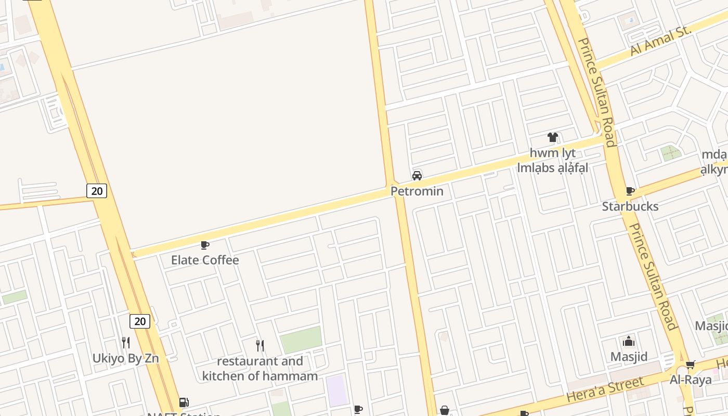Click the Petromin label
point(417,191)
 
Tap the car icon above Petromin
point(417,176)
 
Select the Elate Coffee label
point(205,260)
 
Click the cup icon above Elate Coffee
point(205,245)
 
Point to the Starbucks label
point(630,206)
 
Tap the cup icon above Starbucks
point(630,191)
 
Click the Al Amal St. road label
point(660,40)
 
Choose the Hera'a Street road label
point(605,391)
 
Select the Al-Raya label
point(691,380)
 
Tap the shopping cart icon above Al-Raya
point(690,365)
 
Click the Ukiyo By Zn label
point(126,358)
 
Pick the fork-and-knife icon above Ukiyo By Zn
point(126,343)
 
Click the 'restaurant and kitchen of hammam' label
point(260,368)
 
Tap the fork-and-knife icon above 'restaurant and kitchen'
point(260,345)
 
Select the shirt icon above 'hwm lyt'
point(552,138)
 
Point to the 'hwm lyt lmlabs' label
point(552,160)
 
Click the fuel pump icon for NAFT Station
point(184,402)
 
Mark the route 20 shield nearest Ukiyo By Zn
point(140,321)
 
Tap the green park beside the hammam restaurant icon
point(301,340)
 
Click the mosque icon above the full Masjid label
point(629,342)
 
